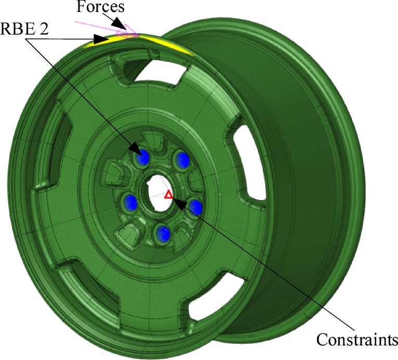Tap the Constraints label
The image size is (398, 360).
coord(356,340)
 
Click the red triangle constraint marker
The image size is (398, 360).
coord(168,195)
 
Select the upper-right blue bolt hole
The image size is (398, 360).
coord(182,159)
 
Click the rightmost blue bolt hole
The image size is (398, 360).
coord(195,207)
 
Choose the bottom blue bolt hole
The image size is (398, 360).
coord(163,234)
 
